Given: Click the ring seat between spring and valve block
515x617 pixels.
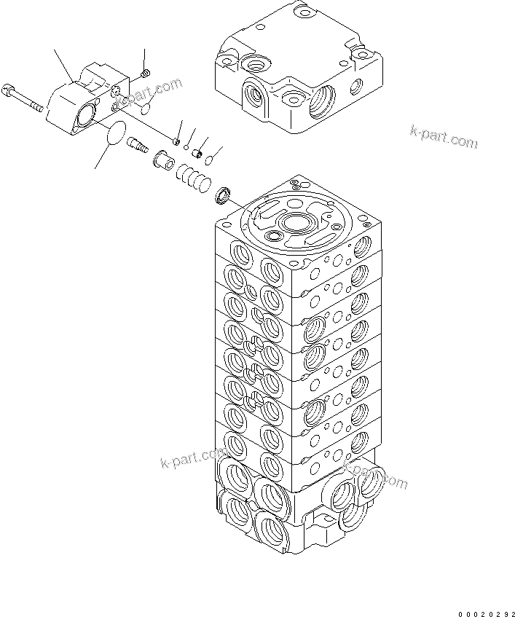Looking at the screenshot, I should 223,196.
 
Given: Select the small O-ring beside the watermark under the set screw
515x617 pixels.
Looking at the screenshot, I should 145,108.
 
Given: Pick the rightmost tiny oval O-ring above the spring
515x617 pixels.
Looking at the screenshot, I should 208,158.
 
